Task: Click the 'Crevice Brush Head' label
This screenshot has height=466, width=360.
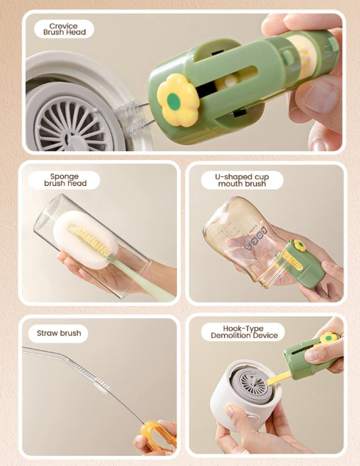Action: click(x=64, y=29)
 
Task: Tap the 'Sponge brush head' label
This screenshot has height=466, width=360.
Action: click(x=65, y=180)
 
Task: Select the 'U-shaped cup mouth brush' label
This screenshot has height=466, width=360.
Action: click(x=242, y=180)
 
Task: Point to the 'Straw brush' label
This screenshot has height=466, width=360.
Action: click(x=59, y=333)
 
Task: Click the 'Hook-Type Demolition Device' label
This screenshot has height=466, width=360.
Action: click(x=244, y=332)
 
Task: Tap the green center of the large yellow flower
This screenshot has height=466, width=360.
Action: click(x=174, y=101)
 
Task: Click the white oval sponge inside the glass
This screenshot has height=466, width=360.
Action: click(x=85, y=239)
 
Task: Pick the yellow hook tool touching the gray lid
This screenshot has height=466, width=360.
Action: click(x=279, y=378)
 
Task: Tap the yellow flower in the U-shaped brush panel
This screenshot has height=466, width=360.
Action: click(x=300, y=246)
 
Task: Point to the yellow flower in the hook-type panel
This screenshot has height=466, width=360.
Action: click(x=329, y=338)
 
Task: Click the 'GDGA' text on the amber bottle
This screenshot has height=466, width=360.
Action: click(x=256, y=239)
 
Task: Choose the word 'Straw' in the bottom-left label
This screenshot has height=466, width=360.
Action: click(x=46, y=333)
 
